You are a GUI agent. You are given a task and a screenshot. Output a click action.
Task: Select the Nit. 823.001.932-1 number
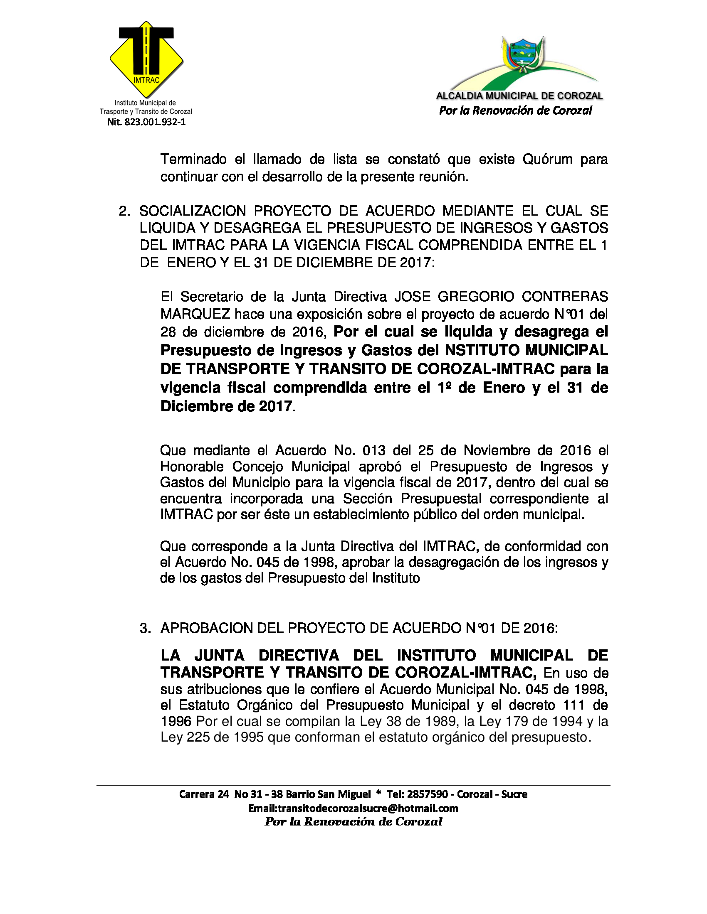(x=146, y=122)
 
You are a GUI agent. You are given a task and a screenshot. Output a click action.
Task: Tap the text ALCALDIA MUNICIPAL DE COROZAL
(x=519, y=96)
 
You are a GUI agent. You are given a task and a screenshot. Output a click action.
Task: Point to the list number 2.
(x=124, y=211)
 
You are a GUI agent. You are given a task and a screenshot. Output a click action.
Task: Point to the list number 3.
(x=145, y=629)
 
